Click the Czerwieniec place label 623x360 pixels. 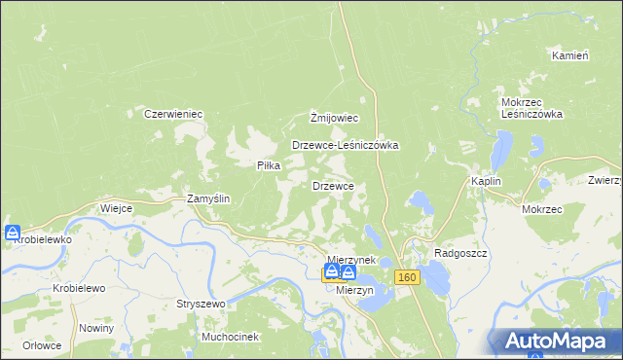click(x=173, y=114)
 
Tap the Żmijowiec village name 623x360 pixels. click(x=335, y=119)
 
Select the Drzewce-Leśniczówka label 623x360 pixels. click(x=347, y=145)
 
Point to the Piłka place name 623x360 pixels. click(x=269, y=165)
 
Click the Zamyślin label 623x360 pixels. click(x=208, y=198)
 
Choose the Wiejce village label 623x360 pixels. click(x=116, y=208)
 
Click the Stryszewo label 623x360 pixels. click(x=201, y=304)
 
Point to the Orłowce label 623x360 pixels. click(x=43, y=344)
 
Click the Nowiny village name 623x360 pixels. click(x=98, y=328)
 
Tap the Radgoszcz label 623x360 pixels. click(x=459, y=251)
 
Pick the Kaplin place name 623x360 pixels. click(x=486, y=181)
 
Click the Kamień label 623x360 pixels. click(x=570, y=55)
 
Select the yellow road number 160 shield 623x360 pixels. click(x=407, y=278)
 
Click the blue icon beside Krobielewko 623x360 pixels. click(x=12, y=234)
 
